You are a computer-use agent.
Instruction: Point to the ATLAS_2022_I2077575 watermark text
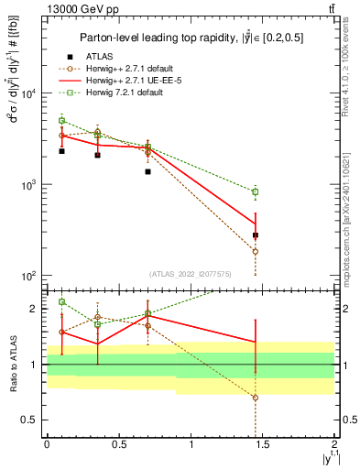coord(191,273)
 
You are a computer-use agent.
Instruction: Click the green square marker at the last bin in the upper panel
coord(255,191)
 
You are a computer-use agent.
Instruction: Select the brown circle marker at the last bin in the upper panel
coord(255,251)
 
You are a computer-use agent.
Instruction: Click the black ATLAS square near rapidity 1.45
coord(255,235)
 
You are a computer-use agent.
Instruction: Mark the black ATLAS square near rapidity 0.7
coord(147,171)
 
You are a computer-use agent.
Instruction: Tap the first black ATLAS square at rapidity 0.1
coord(61,150)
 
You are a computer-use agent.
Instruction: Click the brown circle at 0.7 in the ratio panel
coord(147,325)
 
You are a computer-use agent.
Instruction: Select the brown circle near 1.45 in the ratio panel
coord(255,398)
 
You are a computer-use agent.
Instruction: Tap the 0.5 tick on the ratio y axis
coord(34,420)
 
